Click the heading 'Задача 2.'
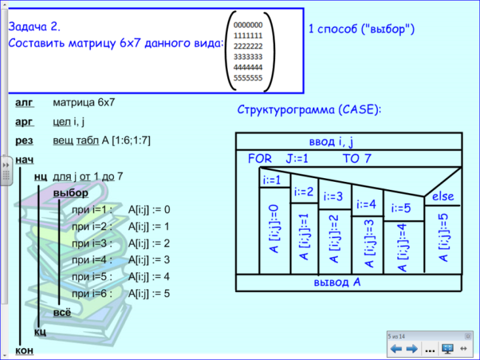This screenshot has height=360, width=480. point(34,27)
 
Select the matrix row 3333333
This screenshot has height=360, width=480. point(248,57)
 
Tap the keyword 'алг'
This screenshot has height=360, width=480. point(24,103)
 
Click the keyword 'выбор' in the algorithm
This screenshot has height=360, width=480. point(71,193)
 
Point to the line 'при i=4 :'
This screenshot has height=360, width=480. point(92,260)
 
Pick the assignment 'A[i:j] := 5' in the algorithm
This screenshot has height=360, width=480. point(149,294)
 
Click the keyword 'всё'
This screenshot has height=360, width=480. point(62,313)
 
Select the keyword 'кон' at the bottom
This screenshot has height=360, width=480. point(24,351)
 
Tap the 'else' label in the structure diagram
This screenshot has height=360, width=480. point(443,196)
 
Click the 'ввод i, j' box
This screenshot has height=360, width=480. point(348,141)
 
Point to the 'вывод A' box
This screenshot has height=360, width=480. point(348,283)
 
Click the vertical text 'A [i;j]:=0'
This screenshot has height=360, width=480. point(274,229)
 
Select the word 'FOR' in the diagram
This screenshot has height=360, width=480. point(260,158)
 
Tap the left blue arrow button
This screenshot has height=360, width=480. point(396,349)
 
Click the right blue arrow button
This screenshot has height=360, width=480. point(412,349)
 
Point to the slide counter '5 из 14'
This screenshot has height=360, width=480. point(396,336)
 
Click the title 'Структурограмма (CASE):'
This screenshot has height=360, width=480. point(309,109)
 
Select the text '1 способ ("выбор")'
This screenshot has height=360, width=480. point(361,29)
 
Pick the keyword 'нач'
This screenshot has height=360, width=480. point(24,160)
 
